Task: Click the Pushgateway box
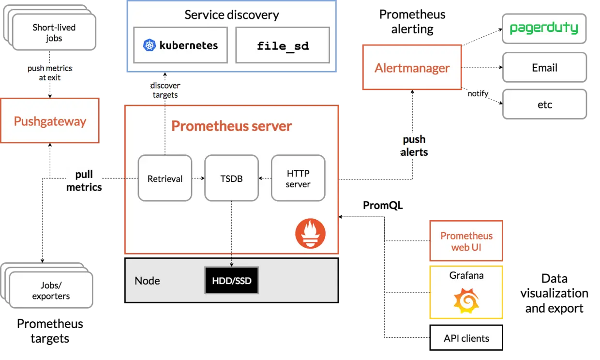[x=50, y=120]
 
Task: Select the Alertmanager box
[x=412, y=68]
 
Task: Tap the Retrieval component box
[x=165, y=179]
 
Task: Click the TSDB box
[x=231, y=179]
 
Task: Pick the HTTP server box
[x=298, y=179]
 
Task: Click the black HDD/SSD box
[x=232, y=281]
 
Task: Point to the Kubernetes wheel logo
[x=150, y=45]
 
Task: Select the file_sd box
[x=283, y=45]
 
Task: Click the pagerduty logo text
[x=544, y=28]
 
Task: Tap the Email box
[x=545, y=68]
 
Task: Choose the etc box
[x=545, y=105]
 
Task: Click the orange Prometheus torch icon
[x=310, y=233]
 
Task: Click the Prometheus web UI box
[x=466, y=241]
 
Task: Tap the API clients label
[x=466, y=338]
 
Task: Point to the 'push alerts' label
[x=414, y=146]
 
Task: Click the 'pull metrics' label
[x=84, y=181]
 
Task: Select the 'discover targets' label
[x=165, y=90]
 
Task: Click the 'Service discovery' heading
[x=232, y=15]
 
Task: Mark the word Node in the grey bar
[x=147, y=281]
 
